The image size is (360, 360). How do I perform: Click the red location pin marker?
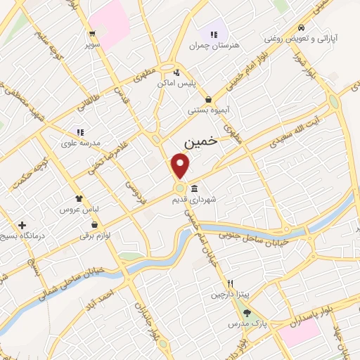[x=181, y=166]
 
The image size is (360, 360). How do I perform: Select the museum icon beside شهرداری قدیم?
[x=194, y=189]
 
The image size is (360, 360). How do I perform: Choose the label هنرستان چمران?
[x=214, y=45]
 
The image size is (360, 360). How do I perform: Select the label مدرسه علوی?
[x=81, y=142]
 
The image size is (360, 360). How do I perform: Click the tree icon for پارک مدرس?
[x=246, y=313]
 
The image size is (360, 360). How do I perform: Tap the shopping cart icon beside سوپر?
[x=92, y=34]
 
